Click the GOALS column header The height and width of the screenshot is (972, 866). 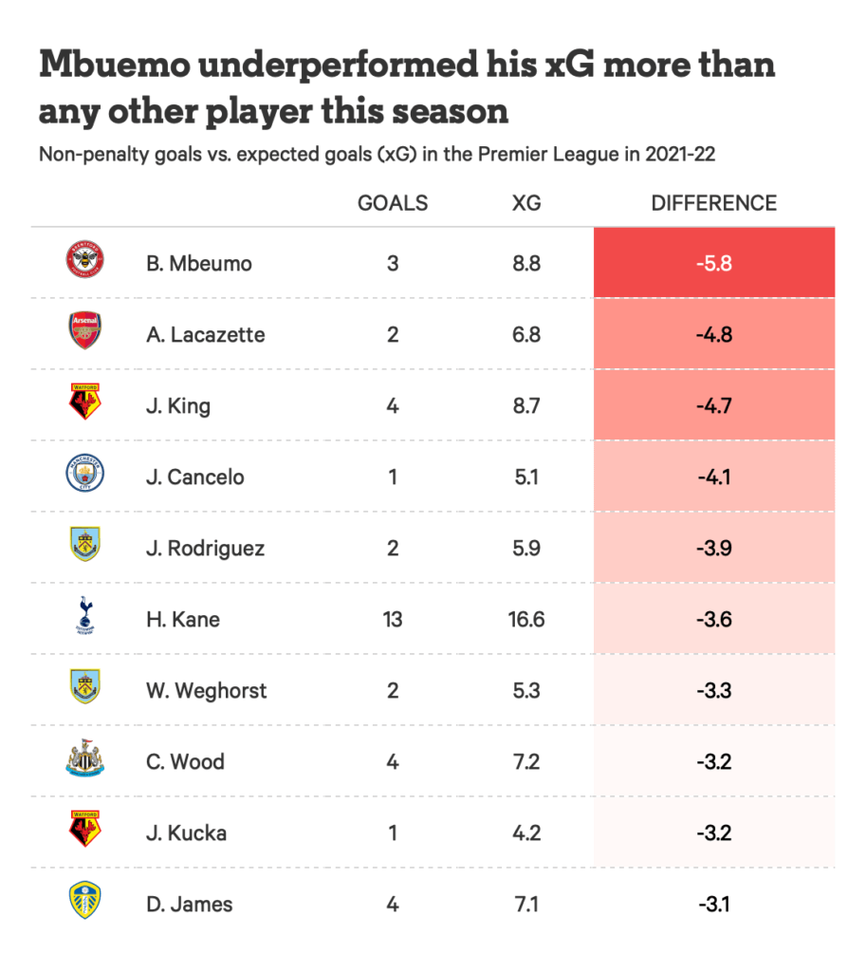coord(392,203)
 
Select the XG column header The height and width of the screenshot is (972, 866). coord(525,203)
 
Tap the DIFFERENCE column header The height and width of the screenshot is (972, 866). coord(713,203)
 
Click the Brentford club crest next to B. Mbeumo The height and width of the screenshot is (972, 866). coord(84,261)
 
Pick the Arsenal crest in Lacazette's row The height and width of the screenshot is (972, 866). coord(84,332)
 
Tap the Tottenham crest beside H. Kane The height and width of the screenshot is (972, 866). coord(84,617)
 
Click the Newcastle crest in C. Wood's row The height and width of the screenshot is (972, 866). coord(84,759)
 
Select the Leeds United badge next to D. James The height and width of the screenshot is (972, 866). coord(84,902)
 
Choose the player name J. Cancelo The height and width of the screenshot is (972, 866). coord(194,477)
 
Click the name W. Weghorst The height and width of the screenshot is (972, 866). coord(206,691)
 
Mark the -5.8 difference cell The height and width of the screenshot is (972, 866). coord(713,263)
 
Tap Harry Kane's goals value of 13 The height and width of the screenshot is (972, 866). coord(392,620)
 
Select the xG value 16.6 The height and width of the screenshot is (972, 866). coord(525,620)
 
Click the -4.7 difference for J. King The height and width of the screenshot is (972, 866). coord(713,406)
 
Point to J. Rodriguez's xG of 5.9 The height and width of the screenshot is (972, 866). coord(525,549)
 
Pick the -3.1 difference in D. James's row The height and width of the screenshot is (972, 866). coord(713,905)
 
